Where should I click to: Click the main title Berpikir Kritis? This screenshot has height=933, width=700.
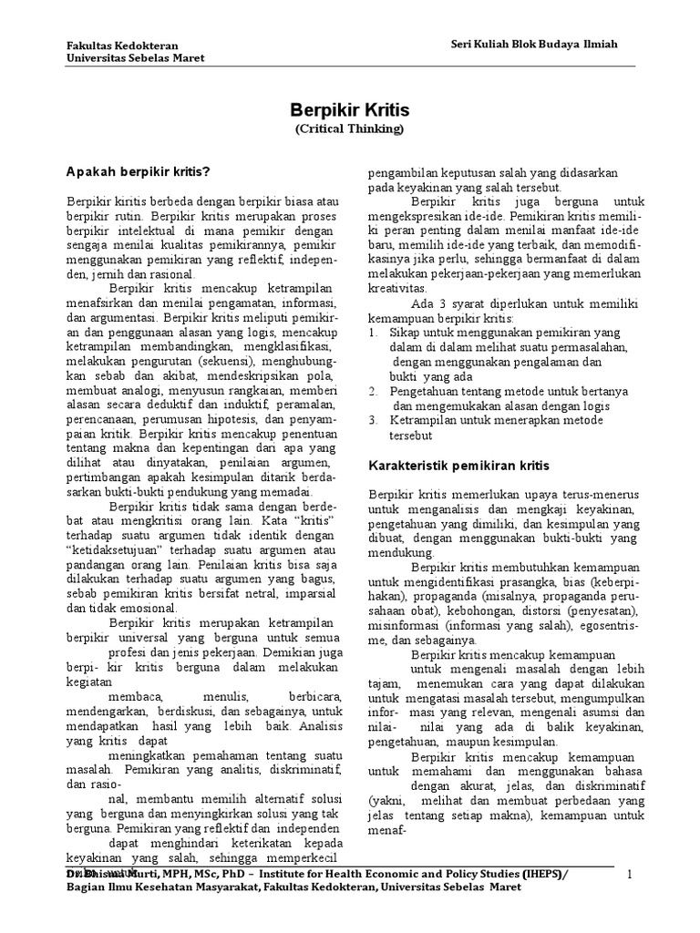click(349, 110)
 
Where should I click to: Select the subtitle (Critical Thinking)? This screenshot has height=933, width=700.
click(349, 129)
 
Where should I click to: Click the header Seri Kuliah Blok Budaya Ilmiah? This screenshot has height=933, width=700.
click(528, 45)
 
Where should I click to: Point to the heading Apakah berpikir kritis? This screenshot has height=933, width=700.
click(139, 171)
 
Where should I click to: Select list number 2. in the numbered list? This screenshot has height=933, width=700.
click(374, 390)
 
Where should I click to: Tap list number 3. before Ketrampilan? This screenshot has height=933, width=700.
click(374, 420)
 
